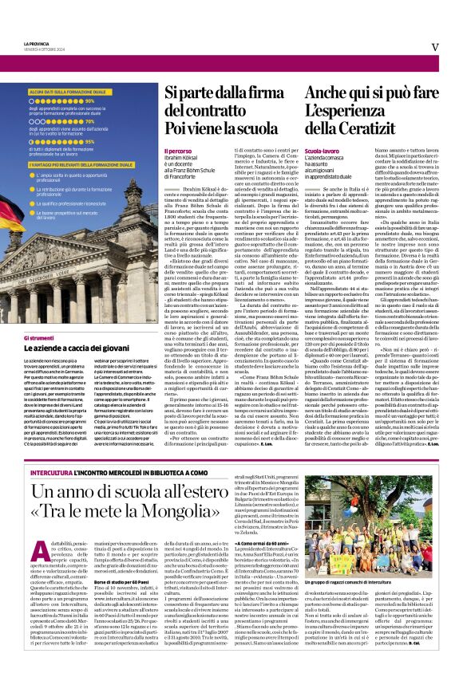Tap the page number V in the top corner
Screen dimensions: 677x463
pyautogui.click(x=435, y=47)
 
